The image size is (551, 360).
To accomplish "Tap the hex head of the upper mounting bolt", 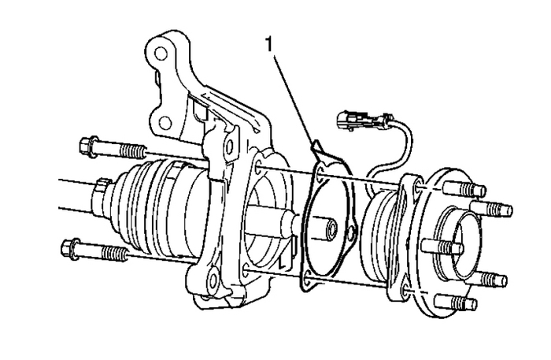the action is pos(88,145).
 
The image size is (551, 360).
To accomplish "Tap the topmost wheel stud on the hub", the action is pos(472,191).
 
